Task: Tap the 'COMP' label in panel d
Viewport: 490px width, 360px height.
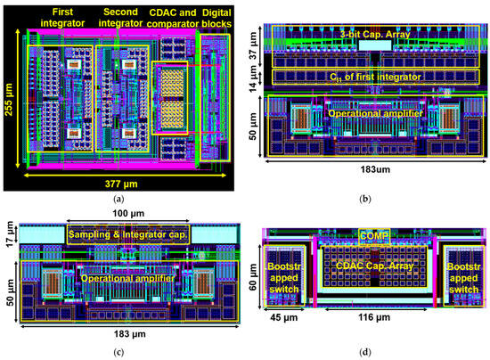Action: tap(369, 235)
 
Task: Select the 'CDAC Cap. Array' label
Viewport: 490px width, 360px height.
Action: tap(368, 264)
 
